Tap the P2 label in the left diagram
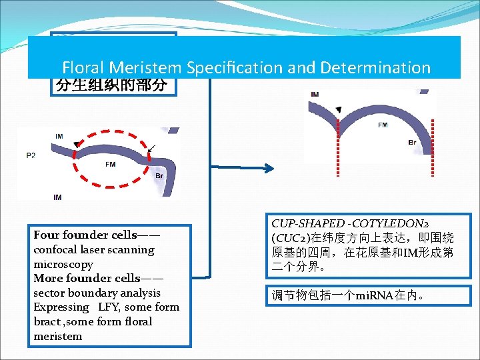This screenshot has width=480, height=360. pos(31,155)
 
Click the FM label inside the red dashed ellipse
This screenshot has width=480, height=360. pos(110,163)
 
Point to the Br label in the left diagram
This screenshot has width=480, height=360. pos(159,176)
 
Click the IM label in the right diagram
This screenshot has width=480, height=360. pos(314,95)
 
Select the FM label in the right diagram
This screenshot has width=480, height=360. pos(383,125)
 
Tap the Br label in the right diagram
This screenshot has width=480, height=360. pos(413,143)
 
